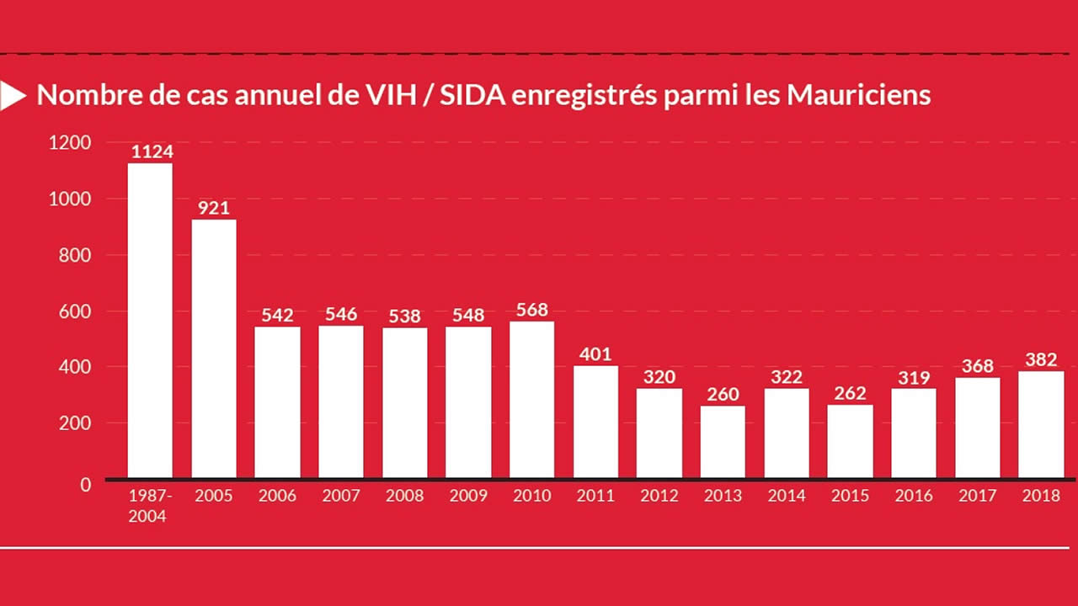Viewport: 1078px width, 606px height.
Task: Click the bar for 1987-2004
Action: point(150,320)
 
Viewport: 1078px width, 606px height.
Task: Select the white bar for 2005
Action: point(214,348)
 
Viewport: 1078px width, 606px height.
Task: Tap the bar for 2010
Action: point(532,399)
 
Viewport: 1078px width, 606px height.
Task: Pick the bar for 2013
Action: point(723,442)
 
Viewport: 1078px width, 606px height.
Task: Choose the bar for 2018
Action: point(1041,424)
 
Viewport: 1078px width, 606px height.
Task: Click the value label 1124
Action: point(152,152)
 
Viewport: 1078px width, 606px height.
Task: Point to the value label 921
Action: point(214,208)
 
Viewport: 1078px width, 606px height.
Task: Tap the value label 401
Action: point(595,354)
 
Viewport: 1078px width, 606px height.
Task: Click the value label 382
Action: point(1041,360)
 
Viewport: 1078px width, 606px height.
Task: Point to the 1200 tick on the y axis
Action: point(70,143)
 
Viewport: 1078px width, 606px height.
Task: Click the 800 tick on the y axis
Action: point(75,255)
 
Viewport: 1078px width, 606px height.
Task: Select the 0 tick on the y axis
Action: point(85,484)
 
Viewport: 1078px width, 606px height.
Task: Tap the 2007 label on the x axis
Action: point(341,496)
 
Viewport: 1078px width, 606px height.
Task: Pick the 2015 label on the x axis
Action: point(850,496)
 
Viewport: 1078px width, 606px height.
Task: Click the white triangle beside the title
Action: point(12,95)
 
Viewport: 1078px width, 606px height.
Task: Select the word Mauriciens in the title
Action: point(859,95)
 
